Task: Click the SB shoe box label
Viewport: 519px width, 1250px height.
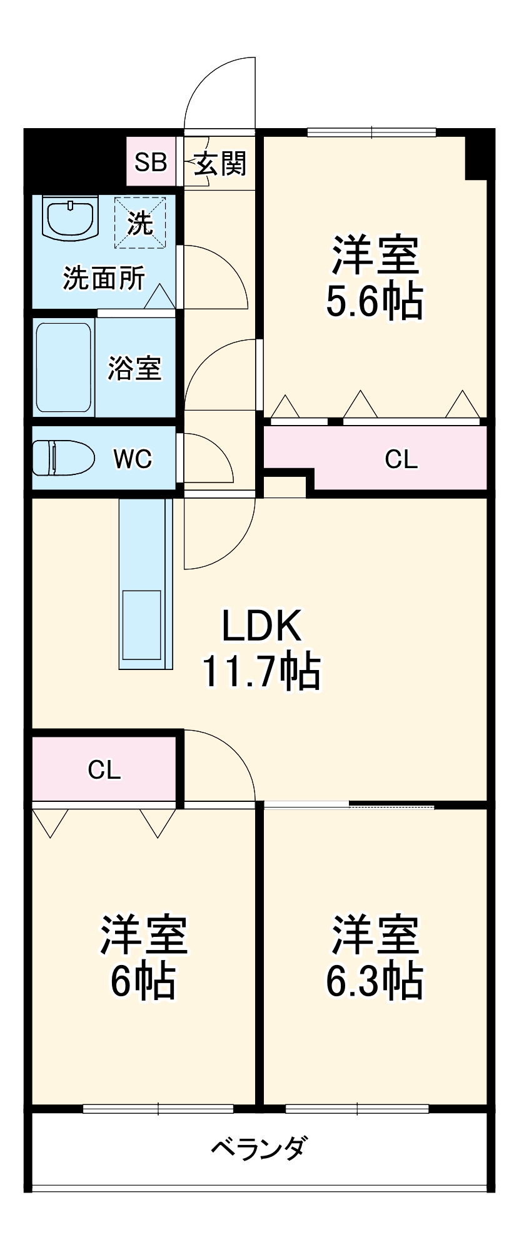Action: pyautogui.click(x=151, y=162)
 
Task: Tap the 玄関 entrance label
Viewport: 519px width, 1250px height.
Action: pyautogui.click(x=220, y=164)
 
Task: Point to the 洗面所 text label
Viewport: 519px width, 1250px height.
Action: pyautogui.click(x=104, y=279)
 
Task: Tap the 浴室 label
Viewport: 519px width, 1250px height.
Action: pyautogui.click(x=134, y=368)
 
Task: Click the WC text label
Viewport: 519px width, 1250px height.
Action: pyautogui.click(x=133, y=459)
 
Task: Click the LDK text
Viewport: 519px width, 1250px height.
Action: pyautogui.click(x=262, y=626)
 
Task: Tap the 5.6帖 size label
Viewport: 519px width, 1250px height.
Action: pyautogui.click(x=374, y=302)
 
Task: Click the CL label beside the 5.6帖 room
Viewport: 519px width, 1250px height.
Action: pyautogui.click(x=401, y=460)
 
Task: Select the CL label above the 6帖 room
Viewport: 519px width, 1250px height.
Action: pyautogui.click(x=104, y=770)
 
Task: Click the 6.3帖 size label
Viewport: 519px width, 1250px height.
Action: pyautogui.click(x=374, y=981)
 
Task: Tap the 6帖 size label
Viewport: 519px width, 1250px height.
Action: pyautogui.click(x=143, y=981)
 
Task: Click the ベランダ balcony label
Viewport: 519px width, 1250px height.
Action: pyautogui.click(x=258, y=1148)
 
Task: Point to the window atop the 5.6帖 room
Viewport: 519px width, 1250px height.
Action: pyautogui.click(x=372, y=132)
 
